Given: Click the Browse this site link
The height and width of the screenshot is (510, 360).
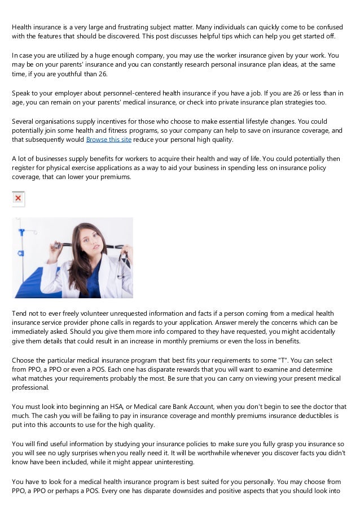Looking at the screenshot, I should pyautogui.click(x=109, y=140).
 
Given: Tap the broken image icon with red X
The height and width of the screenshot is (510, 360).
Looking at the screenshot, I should pyautogui.click(x=19, y=199).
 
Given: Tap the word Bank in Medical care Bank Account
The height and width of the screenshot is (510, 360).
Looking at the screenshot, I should pyautogui.click(x=166, y=407).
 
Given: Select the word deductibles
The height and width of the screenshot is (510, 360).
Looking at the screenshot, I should pyautogui.click(x=305, y=416).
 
